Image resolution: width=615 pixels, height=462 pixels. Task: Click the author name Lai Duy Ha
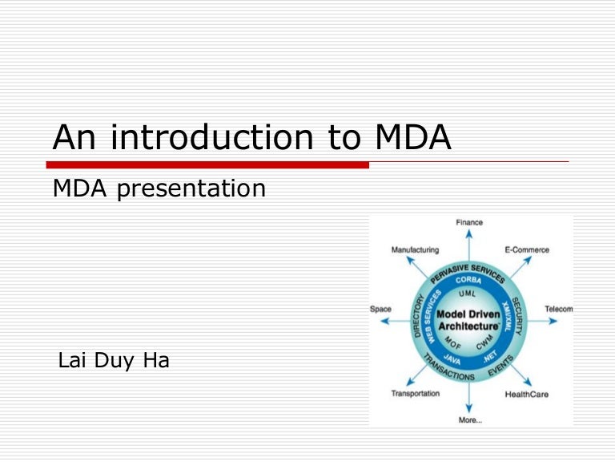pyautogui.click(x=114, y=361)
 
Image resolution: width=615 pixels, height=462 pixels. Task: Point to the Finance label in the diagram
pyautogui.click(x=470, y=222)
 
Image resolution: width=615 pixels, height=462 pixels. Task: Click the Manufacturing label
pyautogui.click(x=415, y=249)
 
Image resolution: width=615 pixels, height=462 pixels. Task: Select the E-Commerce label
pyautogui.click(x=527, y=249)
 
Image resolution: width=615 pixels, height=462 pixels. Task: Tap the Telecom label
pyautogui.click(x=558, y=309)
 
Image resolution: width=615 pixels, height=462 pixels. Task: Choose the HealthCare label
pyautogui.click(x=526, y=394)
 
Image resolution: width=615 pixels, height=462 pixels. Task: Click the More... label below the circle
pyautogui.click(x=470, y=419)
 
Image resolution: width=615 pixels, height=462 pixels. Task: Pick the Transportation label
pyautogui.click(x=415, y=393)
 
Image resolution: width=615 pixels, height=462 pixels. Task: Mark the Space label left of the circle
pyautogui.click(x=380, y=309)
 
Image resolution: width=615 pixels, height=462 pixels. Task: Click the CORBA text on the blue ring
pyautogui.click(x=468, y=281)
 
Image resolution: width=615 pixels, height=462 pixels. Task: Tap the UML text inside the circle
pyautogui.click(x=467, y=294)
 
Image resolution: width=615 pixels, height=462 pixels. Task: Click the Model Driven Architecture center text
pyautogui.click(x=468, y=318)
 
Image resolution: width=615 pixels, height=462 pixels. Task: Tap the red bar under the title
pyautogui.click(x=207, y=164)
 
